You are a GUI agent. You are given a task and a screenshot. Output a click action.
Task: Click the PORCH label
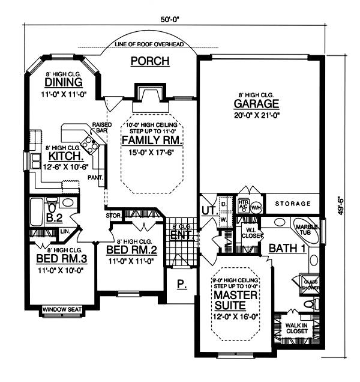click(150, 61)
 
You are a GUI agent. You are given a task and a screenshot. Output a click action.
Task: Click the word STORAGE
click(293, 204)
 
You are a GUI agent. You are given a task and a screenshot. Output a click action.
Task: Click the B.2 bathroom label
click(55, 217)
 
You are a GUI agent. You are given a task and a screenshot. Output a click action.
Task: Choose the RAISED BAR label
click(100, 127)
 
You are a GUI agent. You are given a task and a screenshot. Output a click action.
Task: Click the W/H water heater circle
click(256, 207)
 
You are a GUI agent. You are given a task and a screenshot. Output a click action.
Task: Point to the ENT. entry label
click(180, 236)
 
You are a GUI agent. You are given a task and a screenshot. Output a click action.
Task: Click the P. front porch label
click(182, 284)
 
